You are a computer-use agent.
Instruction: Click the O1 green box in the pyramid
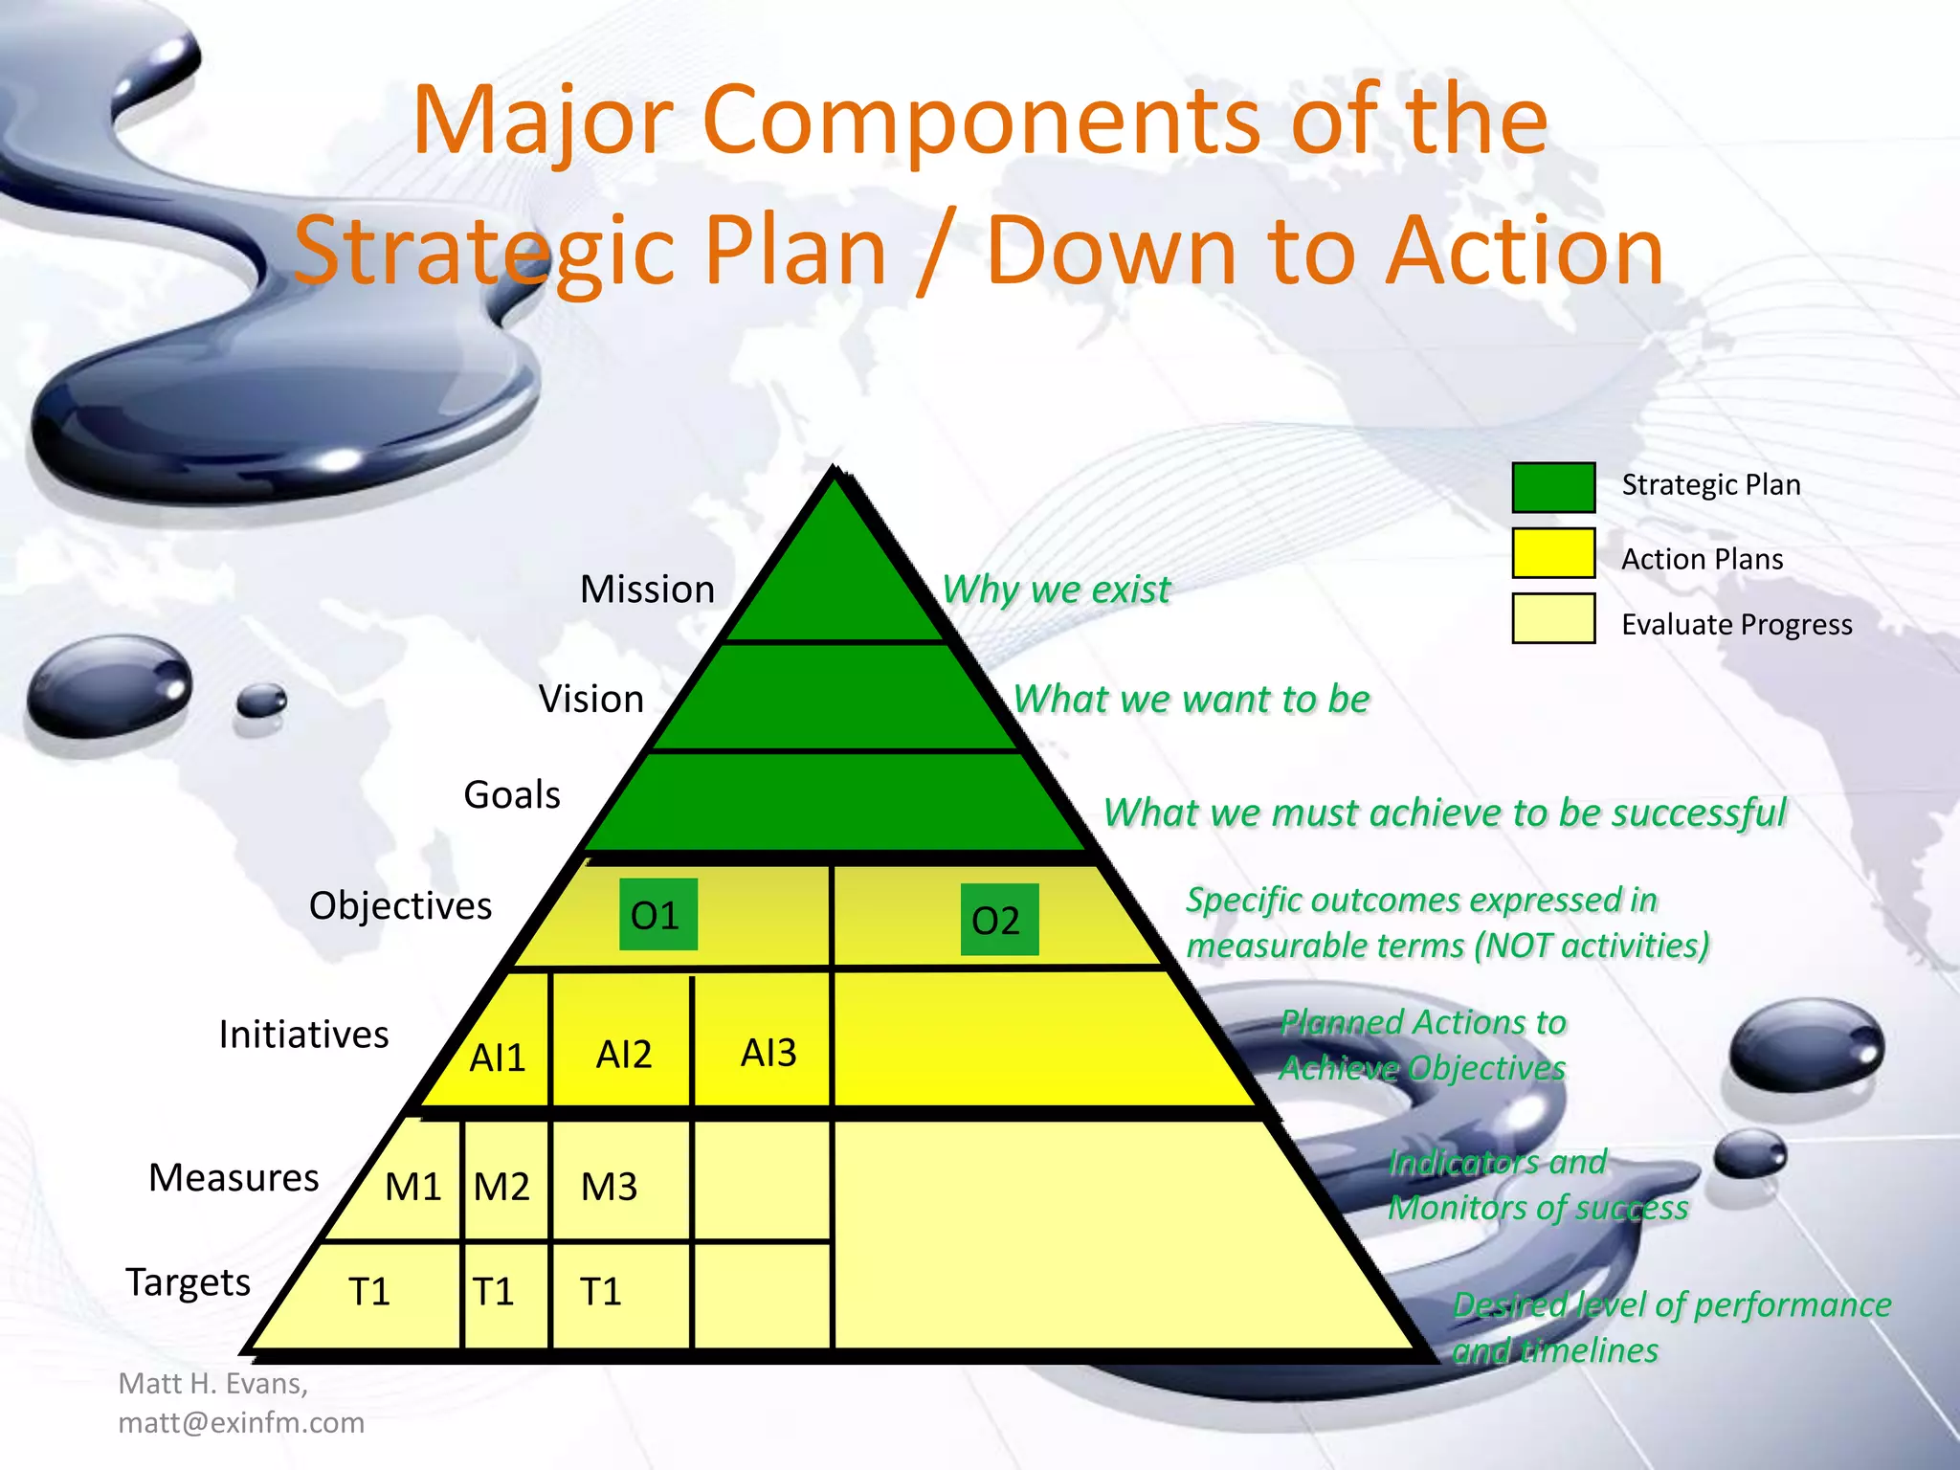[657, 915]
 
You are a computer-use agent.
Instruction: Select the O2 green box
[998, 920]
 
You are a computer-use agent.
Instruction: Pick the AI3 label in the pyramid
[768, 1052]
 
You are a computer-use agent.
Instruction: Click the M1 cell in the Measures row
[412, 1186]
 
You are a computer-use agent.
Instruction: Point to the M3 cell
[610, 1186]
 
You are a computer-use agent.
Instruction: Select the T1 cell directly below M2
[494, 1291]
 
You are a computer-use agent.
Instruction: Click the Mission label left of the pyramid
[647, 589]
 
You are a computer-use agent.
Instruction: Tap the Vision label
[590, 699]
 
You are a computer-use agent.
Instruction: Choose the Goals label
[512, 794]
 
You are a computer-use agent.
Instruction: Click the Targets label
[189, 1281]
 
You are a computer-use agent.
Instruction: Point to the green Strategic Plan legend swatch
[1552, 487]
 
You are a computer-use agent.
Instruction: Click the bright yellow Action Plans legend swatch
[1552, 553]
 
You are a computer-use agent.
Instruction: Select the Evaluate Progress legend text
[1736, 624]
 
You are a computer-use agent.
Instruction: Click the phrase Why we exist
[1056, 589]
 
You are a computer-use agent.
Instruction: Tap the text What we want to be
[1192, 699]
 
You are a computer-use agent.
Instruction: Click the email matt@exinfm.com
[241, 1422]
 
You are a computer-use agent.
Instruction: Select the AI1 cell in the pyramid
[498, 1057]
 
